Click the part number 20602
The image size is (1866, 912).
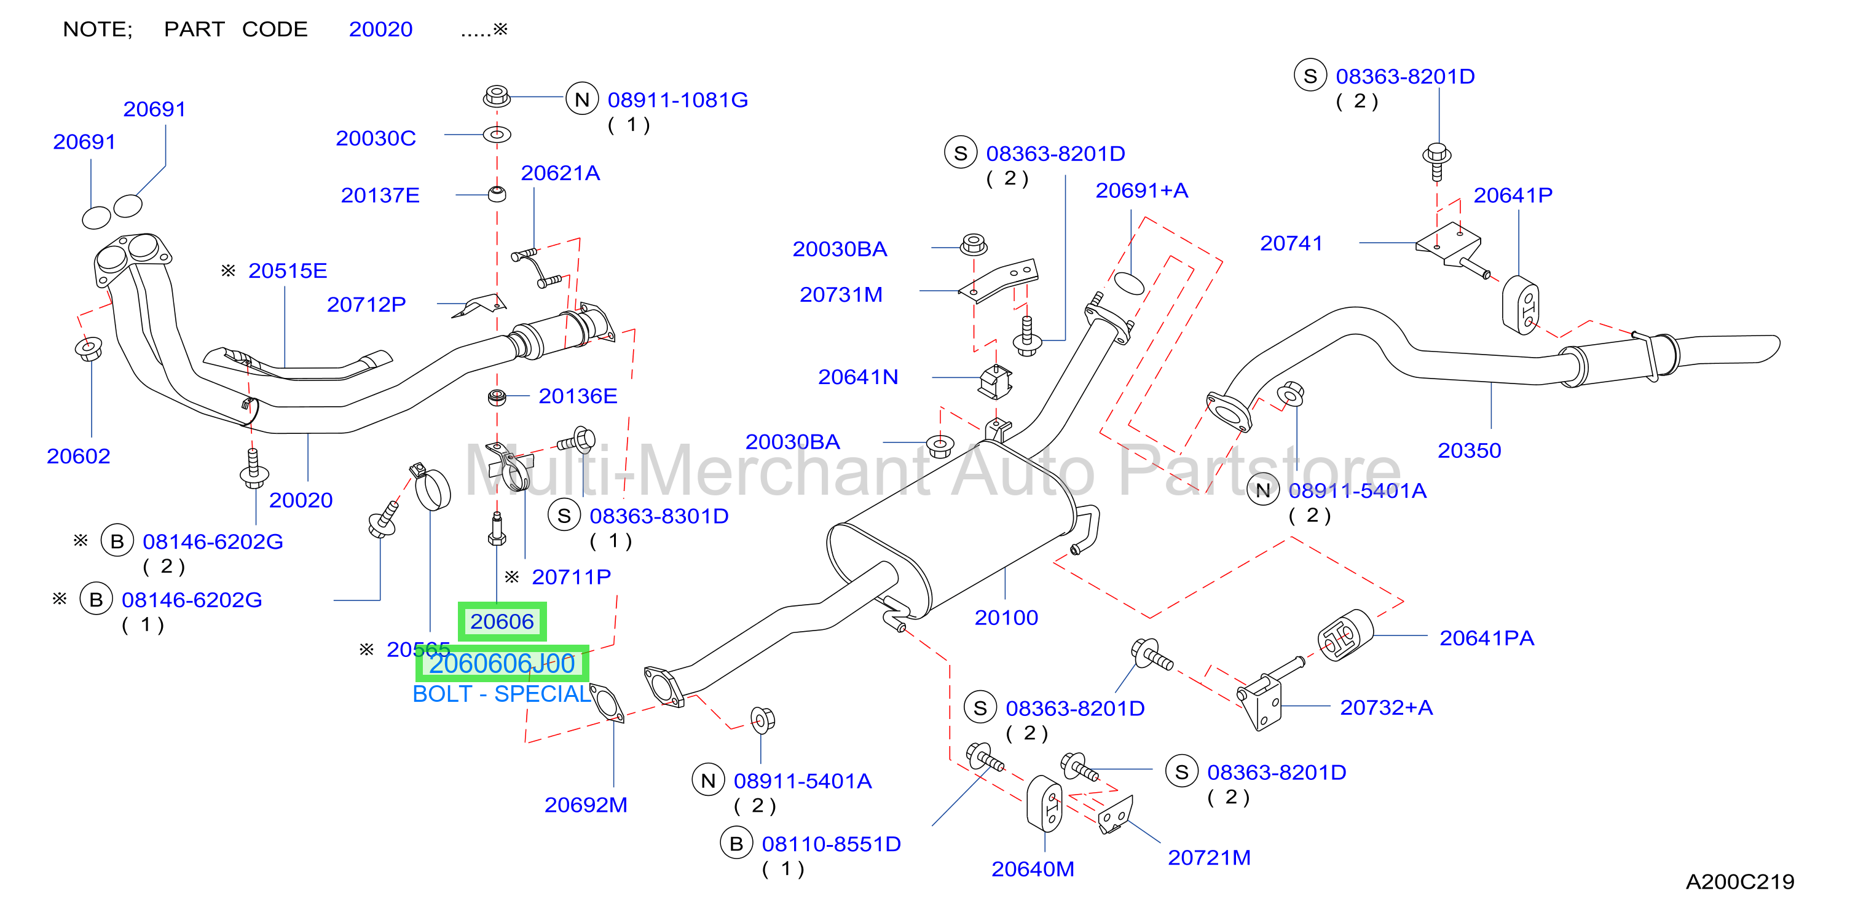coord(78,457)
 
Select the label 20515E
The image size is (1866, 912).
coord(288,271)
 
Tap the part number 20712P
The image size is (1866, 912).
coord(366,305)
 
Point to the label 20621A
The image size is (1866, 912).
coord(560,173)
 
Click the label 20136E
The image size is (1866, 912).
coord(577,396)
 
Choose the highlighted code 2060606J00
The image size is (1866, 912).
coord(502,664)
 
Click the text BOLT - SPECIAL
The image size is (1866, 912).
coord(502,694)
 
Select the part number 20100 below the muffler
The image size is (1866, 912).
coord(1006,618)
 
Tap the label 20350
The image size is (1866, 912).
coord(1469,450)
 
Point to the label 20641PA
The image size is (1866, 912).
coord(1486,638)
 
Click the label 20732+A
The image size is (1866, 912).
coord(1387,708)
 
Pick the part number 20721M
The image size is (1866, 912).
coord(1209,858)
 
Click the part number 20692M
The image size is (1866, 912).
coord(585,805)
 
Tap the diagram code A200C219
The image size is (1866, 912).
coord(1740,881)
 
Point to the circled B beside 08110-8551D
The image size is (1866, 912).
coord(736,843)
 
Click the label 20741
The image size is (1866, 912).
coord(1291,243)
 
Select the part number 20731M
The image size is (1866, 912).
coord(841,295)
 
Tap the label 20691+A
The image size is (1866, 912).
coord(1141,191)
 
